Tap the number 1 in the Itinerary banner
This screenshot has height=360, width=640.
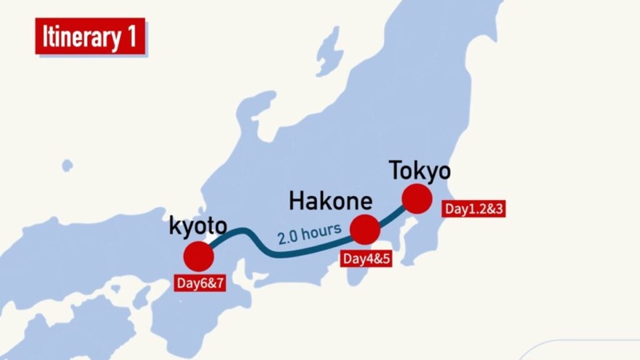[x=130, y=38]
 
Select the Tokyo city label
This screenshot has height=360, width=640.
[x=419, y=170]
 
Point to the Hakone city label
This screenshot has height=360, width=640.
[x=330, y=199]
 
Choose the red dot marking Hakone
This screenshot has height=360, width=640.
[x=365, y=230]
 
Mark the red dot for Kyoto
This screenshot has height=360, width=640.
[x=198, y=257]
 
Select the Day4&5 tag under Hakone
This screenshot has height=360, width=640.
[x=366, y=259]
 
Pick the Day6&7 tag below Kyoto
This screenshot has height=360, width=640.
[x=200, y=284]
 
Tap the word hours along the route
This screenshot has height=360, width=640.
[x=324, y=230]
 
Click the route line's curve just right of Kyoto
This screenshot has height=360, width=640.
[x=232, y=234]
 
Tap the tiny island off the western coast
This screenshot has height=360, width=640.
[x=67, y=166]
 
